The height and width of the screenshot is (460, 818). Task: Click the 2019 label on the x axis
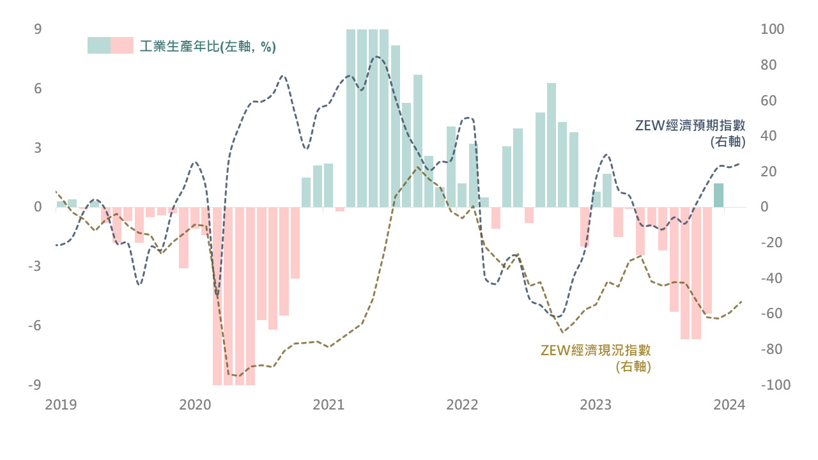[61, 405]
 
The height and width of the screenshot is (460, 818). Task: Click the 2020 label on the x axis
[195, 405]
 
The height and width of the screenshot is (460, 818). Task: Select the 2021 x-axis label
[328, 405]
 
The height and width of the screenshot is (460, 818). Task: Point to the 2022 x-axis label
[462, 405]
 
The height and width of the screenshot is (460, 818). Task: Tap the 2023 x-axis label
[596, 405]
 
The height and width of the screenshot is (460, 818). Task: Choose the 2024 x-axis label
[729, 405]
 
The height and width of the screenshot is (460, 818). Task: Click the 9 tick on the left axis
[38, 29]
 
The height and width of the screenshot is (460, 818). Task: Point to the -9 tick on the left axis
[35, 385]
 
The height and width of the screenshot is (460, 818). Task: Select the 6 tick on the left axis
[38, 89]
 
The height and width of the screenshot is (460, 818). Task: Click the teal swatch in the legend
[99, 45]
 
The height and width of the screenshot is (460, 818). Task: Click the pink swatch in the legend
[122, 45]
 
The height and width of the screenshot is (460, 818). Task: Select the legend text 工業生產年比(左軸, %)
[208, 46]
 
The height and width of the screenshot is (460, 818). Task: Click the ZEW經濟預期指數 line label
[690, 125]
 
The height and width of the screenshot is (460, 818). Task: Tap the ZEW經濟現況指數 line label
[596, 350]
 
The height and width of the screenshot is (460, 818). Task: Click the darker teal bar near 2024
[718, 195]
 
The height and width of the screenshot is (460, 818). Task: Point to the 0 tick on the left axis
[38, 207]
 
